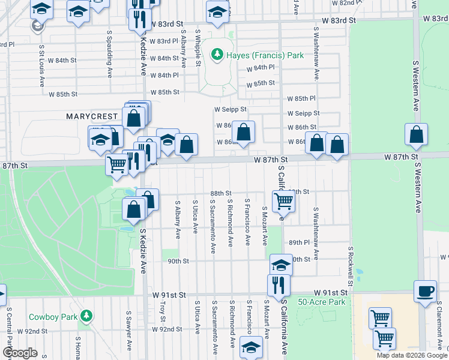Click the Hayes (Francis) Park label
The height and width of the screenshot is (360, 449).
[265, 56]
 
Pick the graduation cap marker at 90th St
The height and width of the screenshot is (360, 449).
[280, 265]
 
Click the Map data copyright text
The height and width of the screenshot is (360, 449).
[412, 355]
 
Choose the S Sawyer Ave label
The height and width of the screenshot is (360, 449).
[128, 330]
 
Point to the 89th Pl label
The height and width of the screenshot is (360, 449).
[298, 242]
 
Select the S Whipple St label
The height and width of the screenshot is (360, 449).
[197, 47]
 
